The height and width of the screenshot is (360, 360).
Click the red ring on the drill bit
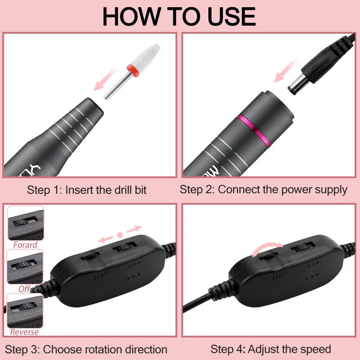[x=132, y=69]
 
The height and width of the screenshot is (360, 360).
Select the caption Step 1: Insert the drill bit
[x=87, y=189]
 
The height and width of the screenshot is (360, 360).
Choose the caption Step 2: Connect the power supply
[x=264, y=189]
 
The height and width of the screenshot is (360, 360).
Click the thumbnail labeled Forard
[x=26, y=223]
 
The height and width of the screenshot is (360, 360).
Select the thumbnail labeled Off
[x=25, y=267]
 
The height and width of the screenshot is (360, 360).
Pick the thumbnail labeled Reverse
[x=25, y=310]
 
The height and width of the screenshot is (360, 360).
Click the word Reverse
[x=25, y=332]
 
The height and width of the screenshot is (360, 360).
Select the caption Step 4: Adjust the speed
[x=270, y=349]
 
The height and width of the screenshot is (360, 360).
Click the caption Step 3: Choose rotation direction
[x=86, y=349]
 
